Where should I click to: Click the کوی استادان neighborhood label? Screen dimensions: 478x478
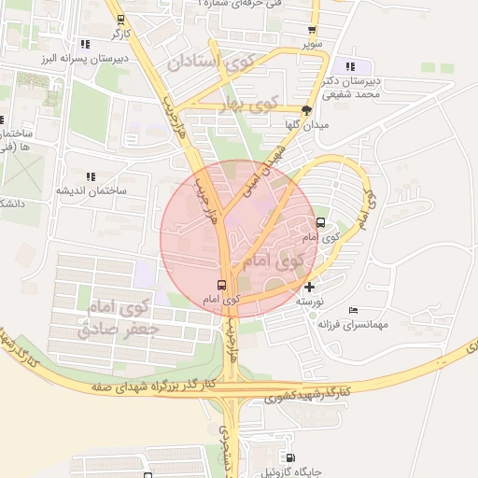[x=210, y=64]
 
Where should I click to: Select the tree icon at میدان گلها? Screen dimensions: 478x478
[x=307, y=109]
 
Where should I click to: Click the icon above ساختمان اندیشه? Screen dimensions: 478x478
[x=91, y=176]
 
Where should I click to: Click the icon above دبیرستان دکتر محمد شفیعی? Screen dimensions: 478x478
[x=351, y=66]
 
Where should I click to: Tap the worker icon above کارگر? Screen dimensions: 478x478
[x=120, y=20]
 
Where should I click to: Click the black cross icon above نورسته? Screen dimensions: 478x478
[x=310, y=287]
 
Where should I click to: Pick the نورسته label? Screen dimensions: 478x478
[x=309, y=302]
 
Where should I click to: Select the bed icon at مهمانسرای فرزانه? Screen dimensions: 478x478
[x=352, y=310]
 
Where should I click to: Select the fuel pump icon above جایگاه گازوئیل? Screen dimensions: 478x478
[x=289, y=457]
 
